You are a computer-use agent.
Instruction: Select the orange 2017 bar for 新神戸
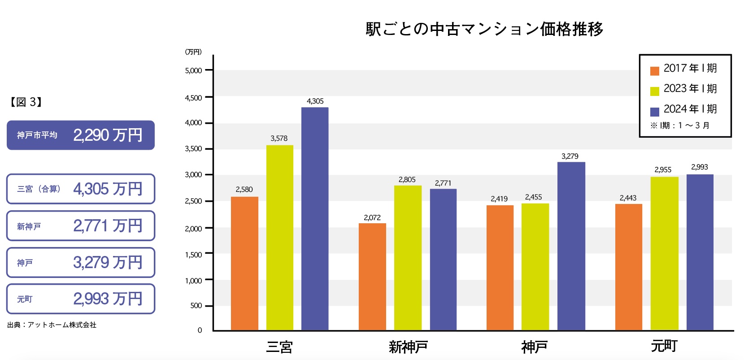[x=372, y=277]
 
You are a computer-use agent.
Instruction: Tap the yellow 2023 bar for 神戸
[x=535, y=267]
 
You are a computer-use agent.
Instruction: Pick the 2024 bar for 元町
[x=700, y=252]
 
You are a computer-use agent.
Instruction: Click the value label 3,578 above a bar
[x=279, y=139]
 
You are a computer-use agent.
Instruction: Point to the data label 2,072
[x=372, y=218]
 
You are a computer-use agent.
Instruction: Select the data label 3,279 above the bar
[x=570, y=156]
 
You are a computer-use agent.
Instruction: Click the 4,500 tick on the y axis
[x=193, y=98]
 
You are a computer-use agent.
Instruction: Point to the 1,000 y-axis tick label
[x=193, y=281]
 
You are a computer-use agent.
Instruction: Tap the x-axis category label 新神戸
[x=408, y=347]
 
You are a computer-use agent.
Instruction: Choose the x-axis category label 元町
[x=664, y=346]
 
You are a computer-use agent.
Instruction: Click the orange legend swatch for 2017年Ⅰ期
[x=655, y=71]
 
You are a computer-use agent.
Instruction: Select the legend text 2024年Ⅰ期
[x=690, y=109]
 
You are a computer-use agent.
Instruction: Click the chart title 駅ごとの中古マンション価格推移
[x=484, y=29]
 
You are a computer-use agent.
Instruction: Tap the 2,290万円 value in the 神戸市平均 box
[x=108, y=135]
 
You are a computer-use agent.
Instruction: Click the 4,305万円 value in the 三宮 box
[x=108, y=189]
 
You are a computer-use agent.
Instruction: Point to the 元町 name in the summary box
[x=25, y=299]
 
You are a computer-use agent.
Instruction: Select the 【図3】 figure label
[x=26, y=102]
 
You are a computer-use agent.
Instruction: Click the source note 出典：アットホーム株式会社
[x=52, y=325]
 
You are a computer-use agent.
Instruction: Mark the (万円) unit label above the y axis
[x=193, y=52]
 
